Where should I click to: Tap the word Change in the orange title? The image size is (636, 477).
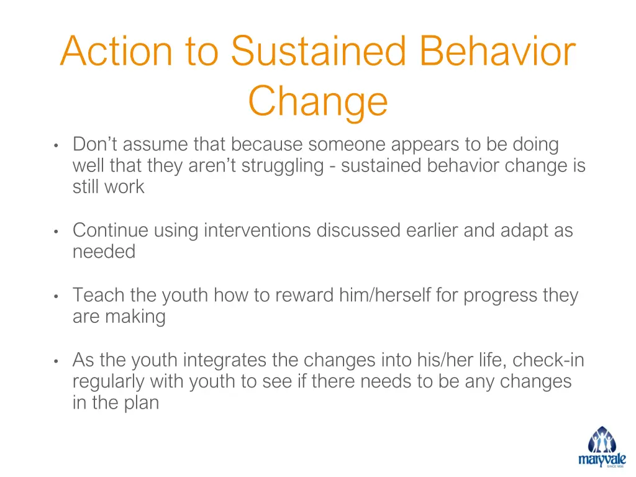[x=318, y=101]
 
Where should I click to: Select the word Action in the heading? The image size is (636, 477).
[x=116, y=52]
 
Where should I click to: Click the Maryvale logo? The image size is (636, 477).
[x=602, y=447]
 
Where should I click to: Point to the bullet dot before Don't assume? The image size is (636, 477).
[x=56, y=146]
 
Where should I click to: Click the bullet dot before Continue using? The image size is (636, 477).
[x=56, y=232]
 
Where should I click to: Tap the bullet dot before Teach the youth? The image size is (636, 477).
[x=56, y=296]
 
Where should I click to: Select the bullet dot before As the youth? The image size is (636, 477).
[x=56, y=361]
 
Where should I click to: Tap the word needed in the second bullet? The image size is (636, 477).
[x=104, y=252]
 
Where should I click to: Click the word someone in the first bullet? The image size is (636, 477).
[x=348, y=145]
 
